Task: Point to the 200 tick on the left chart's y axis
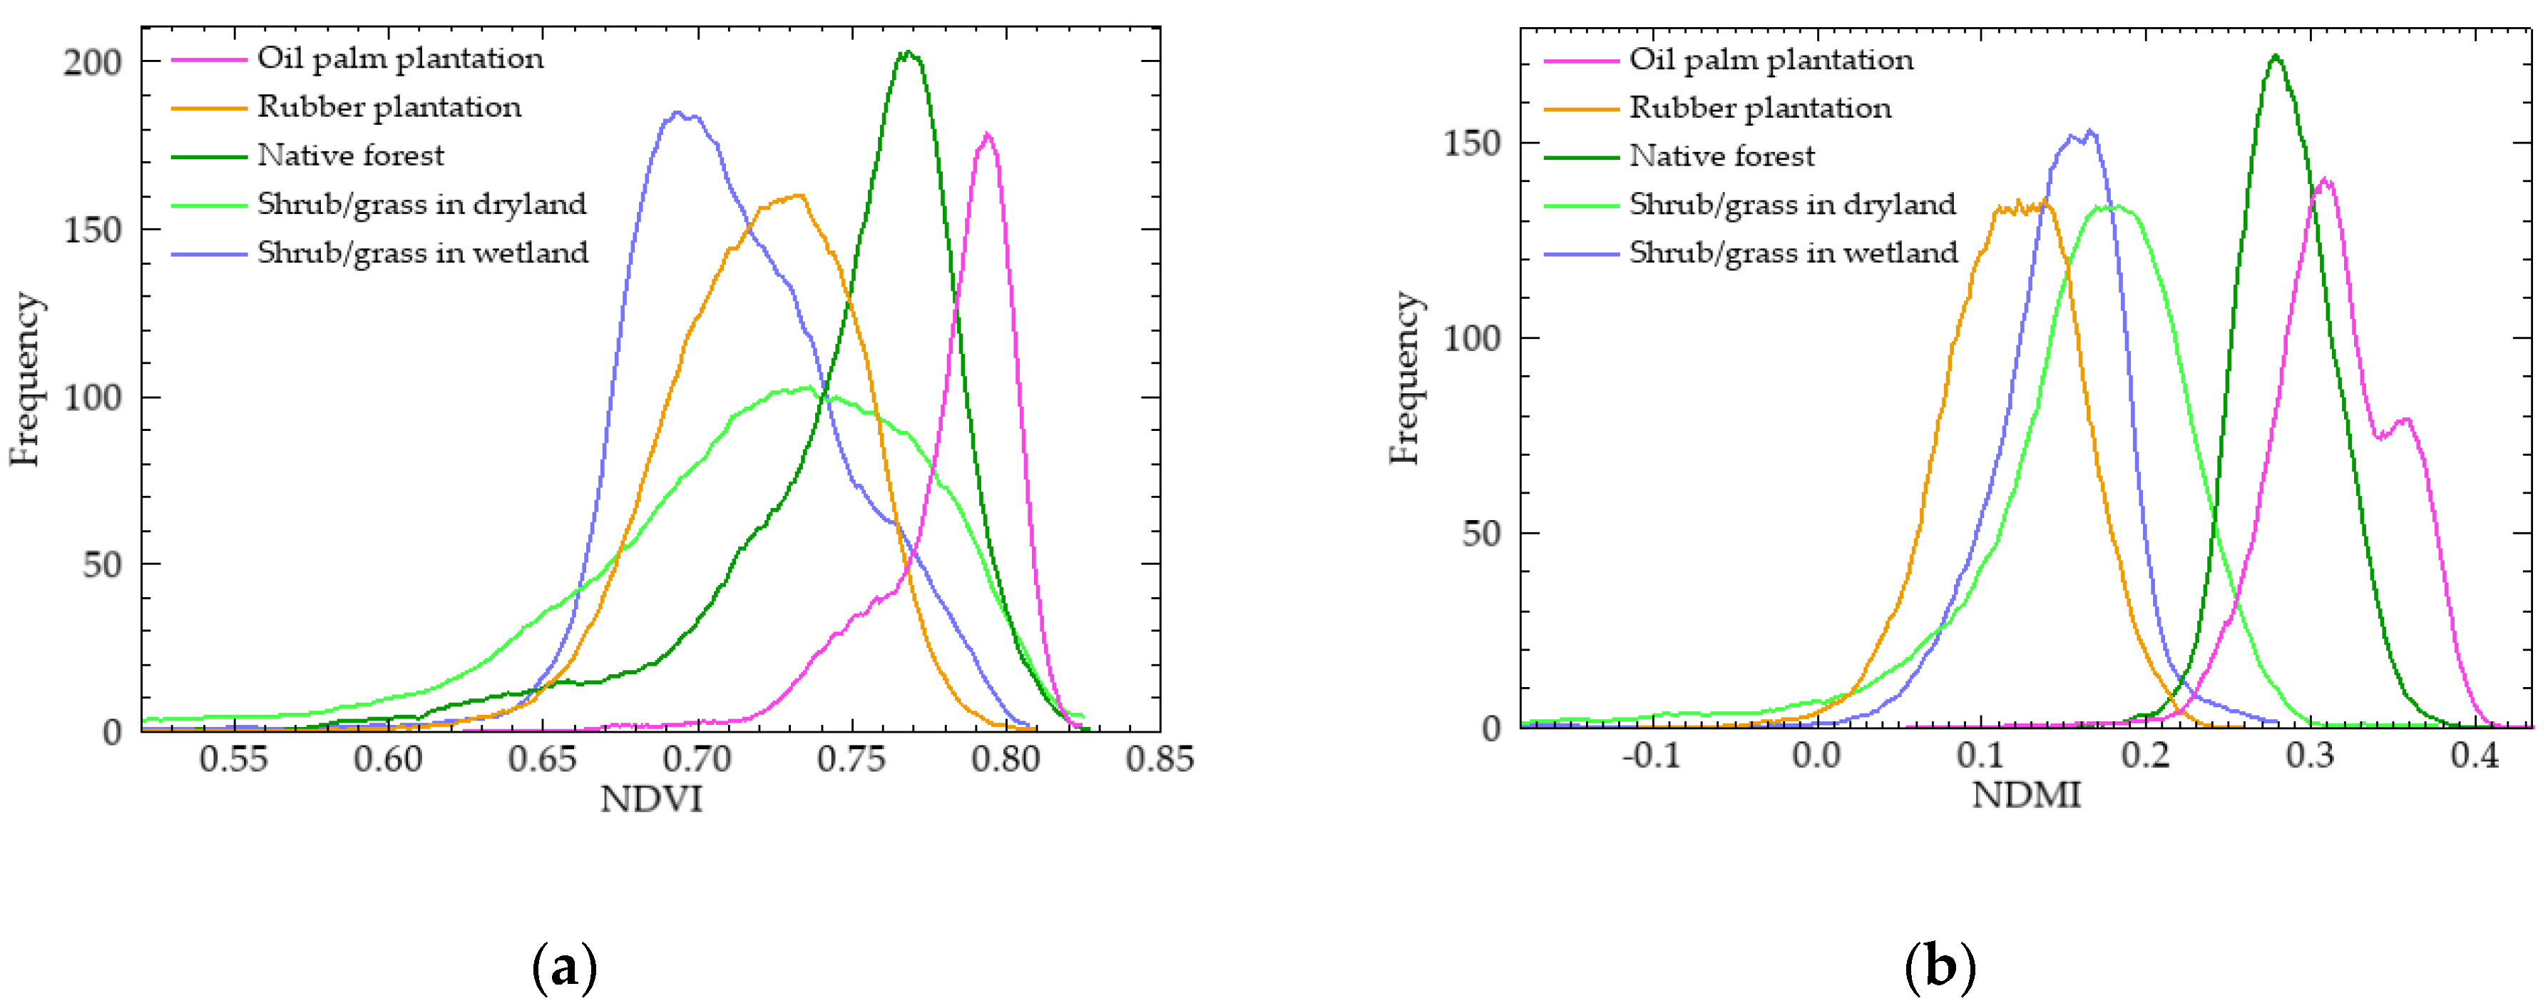coord(93,62)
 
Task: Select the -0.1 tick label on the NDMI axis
coord(1650,756)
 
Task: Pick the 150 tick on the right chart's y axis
coord(1471,143)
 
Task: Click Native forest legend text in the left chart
coord(350,156)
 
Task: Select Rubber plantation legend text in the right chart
coord(1760,108)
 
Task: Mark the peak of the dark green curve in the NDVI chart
coord(908,54)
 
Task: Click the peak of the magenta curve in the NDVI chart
coord(986,135)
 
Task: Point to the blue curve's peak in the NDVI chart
coord(679,113)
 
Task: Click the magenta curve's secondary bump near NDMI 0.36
coord(2405,420)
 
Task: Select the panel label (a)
coord(565,967)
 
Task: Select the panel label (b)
coord(1940,967)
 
